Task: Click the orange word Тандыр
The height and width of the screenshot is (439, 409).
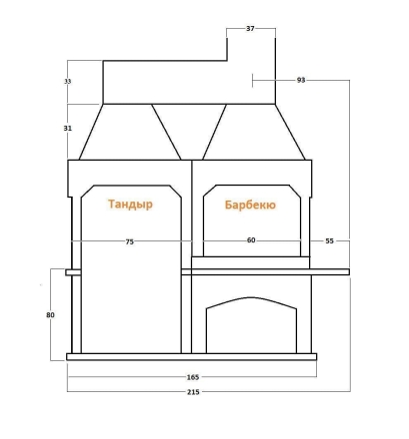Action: [x=130, y=205]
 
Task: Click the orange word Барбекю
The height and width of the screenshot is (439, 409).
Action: [x=250, y=205]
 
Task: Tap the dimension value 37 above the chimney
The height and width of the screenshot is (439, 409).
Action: [x=250, y=29]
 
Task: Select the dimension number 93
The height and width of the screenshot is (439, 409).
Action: [x=301, y=80]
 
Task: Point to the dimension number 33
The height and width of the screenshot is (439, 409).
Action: [x=68, y=81]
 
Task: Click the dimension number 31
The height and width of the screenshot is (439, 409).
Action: [x=68, y=128]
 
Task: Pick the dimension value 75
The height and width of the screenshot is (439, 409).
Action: [x=130, y=242]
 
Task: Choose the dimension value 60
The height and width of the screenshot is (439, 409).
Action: [x=251, y=240]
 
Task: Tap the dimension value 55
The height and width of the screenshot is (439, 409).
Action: [x=329, y=241]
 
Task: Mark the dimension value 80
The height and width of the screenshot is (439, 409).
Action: [x=50, y=314]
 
